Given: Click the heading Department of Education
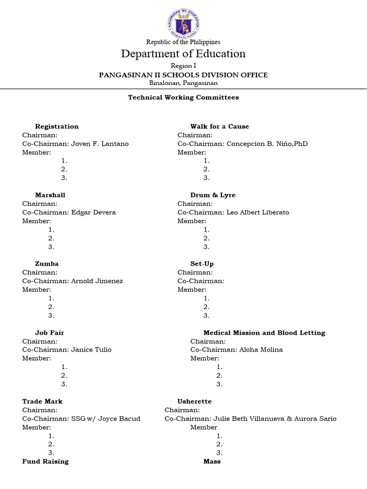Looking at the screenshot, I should pos(183,53).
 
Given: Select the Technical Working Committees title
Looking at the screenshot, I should pos(183,97).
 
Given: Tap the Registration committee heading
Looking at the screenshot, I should pos(57,127).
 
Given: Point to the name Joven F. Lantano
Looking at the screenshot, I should pos(100,144).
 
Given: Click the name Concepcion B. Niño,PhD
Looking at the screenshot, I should pos(267,144).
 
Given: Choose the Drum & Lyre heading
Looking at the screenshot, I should pos(213,195).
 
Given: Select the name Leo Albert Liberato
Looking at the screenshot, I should pos(258,213).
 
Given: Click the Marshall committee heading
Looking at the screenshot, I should pos(50,195).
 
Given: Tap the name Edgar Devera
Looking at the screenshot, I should pos(94,213).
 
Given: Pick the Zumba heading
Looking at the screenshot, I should pos(47,264).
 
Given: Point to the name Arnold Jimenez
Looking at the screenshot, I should pos(97,281).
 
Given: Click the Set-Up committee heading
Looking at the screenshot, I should pos(202,264).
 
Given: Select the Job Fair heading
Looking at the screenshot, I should pos(49,333).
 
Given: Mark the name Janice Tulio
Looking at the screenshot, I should pos(91,350).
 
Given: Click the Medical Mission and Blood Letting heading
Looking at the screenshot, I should pos(264,333).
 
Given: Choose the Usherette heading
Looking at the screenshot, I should pos(194,402).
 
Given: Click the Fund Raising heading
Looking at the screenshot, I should pos(45,462).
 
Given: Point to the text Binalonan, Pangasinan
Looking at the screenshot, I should pos(183,83).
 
